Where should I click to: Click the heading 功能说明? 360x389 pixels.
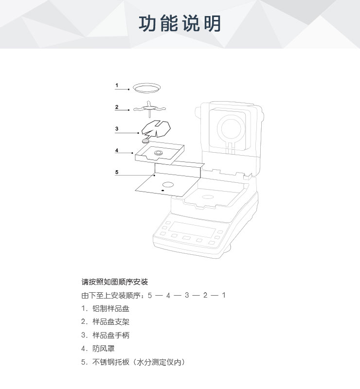click(x=180, y=23)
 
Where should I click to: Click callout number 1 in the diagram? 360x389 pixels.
click(x=117, y=86)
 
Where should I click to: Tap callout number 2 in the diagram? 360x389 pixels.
click(x=117, y=107)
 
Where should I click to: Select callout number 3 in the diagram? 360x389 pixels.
click(x=117, y=128)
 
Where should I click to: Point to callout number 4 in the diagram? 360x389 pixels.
click(x=117, y=150)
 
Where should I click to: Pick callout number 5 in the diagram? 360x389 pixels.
click(x=117, y=172)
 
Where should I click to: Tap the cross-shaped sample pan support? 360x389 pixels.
click(x=149, y=108)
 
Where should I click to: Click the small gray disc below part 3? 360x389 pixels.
click(x=145, y=141)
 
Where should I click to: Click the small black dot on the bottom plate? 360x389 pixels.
click(x=163, y=190)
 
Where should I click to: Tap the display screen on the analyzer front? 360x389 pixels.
click(x=192, y=230)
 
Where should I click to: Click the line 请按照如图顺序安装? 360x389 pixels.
click(x=115, y=282)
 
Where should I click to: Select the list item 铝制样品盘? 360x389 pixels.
click(x=111, y=309)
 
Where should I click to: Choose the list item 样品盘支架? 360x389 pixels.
click(x=111, y=322)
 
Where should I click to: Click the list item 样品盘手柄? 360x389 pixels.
click(x=111, y=335)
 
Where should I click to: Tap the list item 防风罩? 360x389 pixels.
click(x=104, y=349)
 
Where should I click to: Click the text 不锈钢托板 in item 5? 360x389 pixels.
click(x=111, y=362)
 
